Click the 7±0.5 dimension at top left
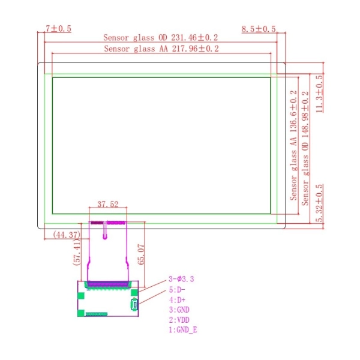[58, 29]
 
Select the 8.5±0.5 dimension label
[259, 29]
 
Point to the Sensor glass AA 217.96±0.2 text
[161, 49]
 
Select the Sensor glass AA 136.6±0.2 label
[293, 146]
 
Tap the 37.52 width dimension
[108, 204]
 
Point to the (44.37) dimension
[67, 235]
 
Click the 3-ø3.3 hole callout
[182, 279]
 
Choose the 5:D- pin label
[178, 289]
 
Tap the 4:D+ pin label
[178, 299]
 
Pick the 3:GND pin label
[180, 310]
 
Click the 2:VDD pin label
[180, 320]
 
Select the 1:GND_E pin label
[184, 330]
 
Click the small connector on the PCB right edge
[134, 305]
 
